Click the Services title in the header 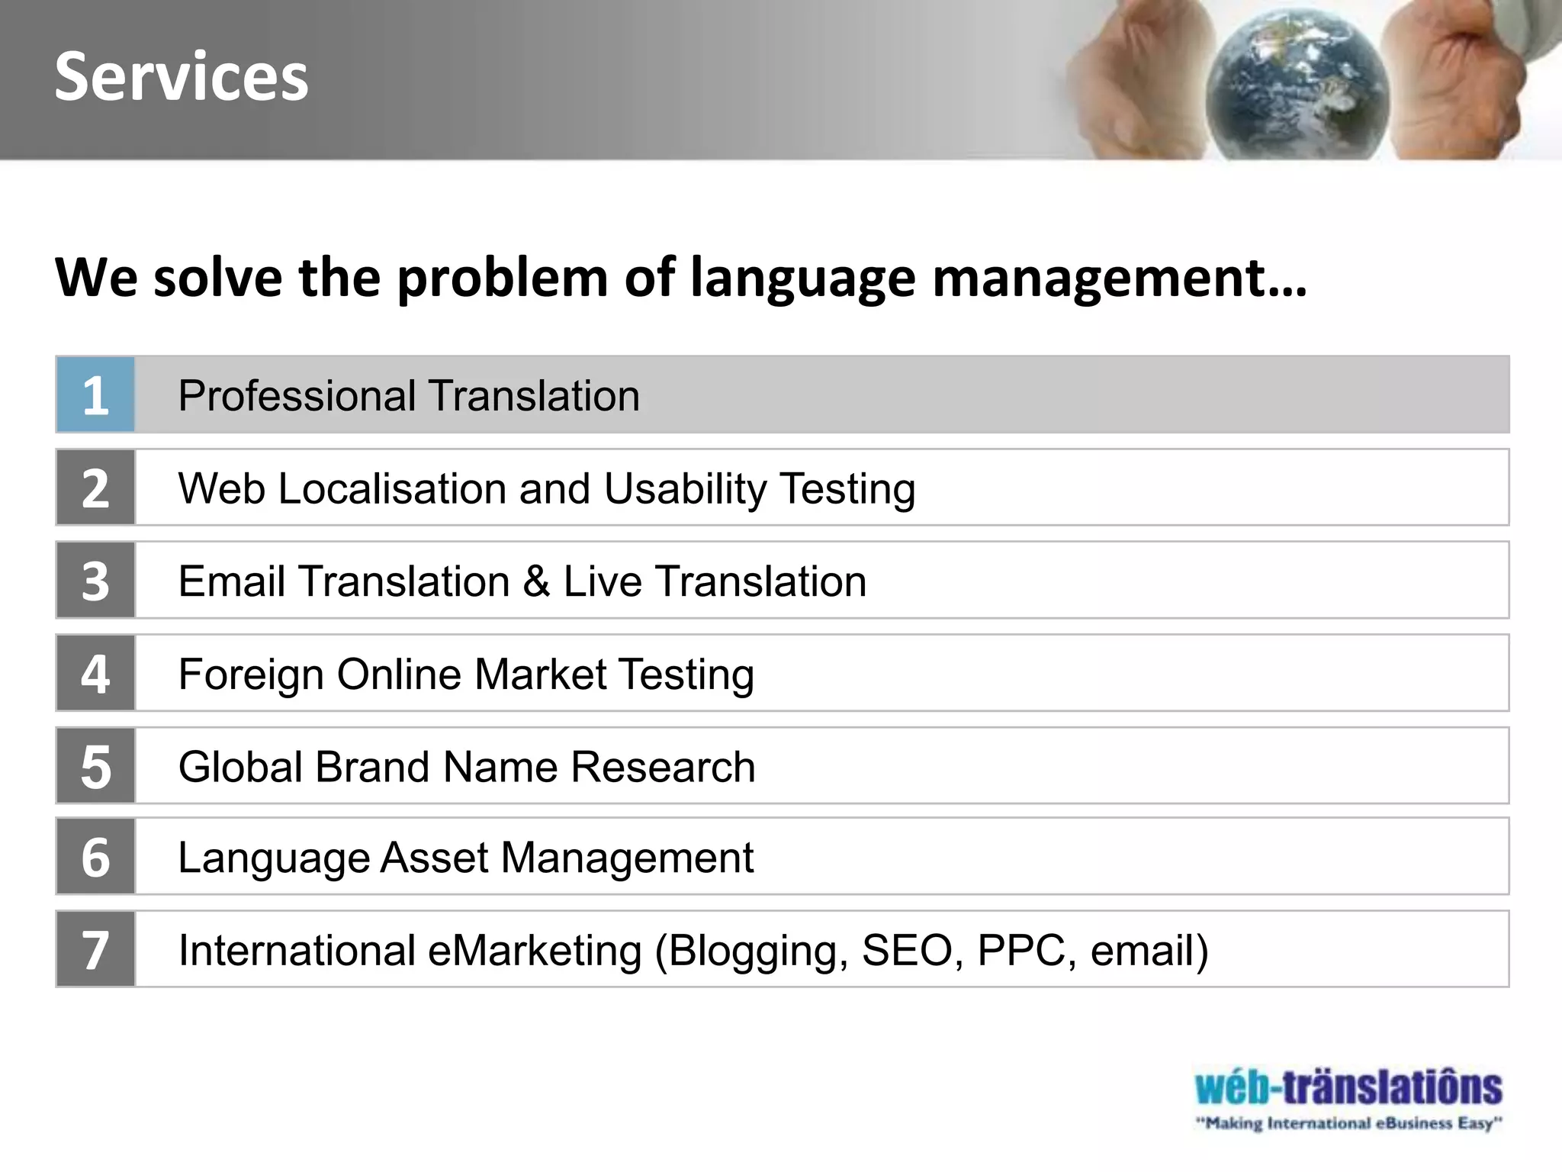click(182, 76)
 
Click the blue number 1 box click(95, 395)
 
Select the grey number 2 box click(95, 488)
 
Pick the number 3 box click(95, 581)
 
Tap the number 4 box click(95, 673)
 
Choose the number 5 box click(95, 766)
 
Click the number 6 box click(95, 856)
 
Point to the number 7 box click(95, 949)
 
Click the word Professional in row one click(297, 396)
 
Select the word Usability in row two click(685, 489)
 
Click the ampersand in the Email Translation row click(536, 581)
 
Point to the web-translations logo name click(1348, 1087)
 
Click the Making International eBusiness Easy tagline click(1348, 1123)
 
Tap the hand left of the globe click(1129, 84)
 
